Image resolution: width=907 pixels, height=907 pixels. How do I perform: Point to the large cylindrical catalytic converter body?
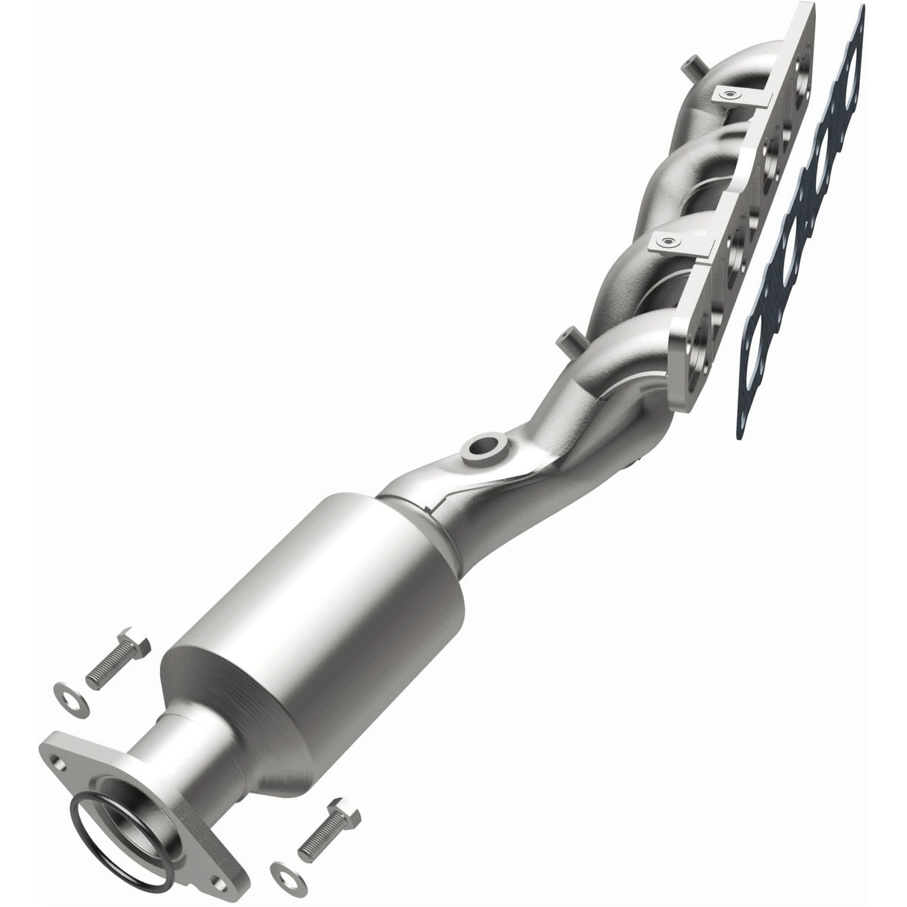314,598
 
